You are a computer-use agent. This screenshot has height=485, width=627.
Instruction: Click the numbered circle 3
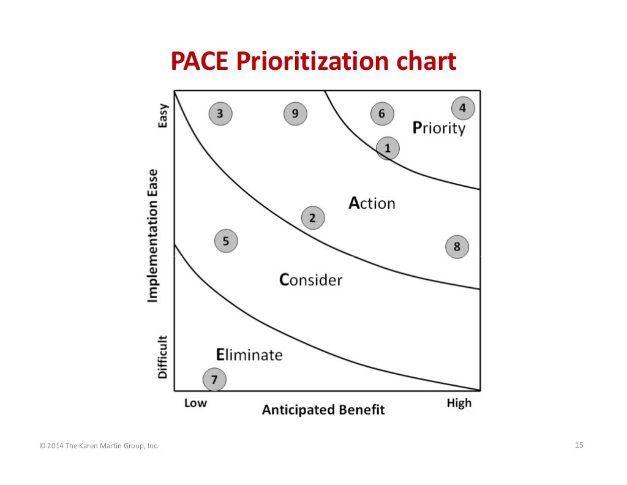coord(220,113)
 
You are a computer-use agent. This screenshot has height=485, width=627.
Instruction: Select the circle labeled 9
coord(295,113)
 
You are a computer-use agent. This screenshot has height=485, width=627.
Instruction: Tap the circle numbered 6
coord(382,113)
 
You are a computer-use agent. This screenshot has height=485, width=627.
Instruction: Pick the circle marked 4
coord(463,108)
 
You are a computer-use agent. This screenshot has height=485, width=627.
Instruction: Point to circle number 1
coord(387,148)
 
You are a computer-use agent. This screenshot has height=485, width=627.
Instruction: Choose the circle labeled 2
coord(313,217)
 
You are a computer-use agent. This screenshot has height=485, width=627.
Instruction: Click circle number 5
coord(226,241)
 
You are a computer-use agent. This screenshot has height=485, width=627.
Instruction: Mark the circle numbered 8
coord(457,247)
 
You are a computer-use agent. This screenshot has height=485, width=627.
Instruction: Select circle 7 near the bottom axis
coord(214,380)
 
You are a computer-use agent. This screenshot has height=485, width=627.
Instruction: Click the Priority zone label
coord(439,128)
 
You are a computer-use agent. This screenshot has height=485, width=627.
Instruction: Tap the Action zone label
coord(372,203)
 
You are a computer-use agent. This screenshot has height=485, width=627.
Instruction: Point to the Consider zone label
coord(310,280)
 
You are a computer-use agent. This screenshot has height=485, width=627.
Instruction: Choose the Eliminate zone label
coord(249,355)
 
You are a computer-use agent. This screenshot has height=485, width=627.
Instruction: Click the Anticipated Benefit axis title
coord(323,410)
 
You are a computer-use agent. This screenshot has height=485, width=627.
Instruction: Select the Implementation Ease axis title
coord(152,236)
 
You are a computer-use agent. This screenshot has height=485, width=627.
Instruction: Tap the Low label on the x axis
coord(196,403)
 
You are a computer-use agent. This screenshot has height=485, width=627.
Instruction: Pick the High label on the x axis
coord(459,403)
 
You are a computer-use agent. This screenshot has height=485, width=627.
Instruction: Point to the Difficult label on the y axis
coord(163,356)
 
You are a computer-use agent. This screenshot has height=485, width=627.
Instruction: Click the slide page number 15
coord(579,445)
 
